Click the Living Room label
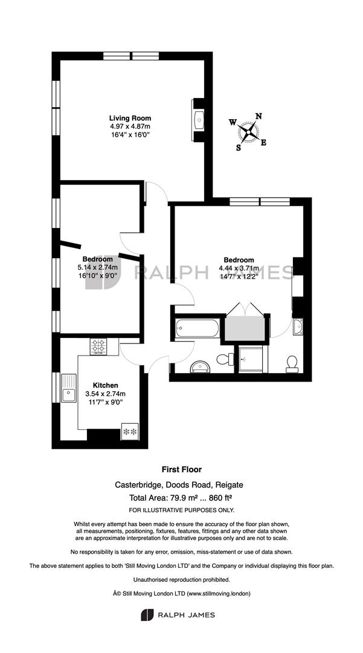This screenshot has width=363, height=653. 130,119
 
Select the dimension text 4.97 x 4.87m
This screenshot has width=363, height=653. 130,126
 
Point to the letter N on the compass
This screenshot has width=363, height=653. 259,116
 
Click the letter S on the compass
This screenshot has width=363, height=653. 239,148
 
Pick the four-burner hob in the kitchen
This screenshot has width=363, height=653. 98,346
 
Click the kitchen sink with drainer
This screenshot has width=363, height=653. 69,388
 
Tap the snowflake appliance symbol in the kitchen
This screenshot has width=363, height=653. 130,432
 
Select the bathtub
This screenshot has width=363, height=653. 197,329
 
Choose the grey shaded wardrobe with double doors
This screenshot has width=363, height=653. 245,328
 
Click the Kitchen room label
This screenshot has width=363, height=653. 105,385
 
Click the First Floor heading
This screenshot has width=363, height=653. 182,469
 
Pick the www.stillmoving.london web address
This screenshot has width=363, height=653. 219,593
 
